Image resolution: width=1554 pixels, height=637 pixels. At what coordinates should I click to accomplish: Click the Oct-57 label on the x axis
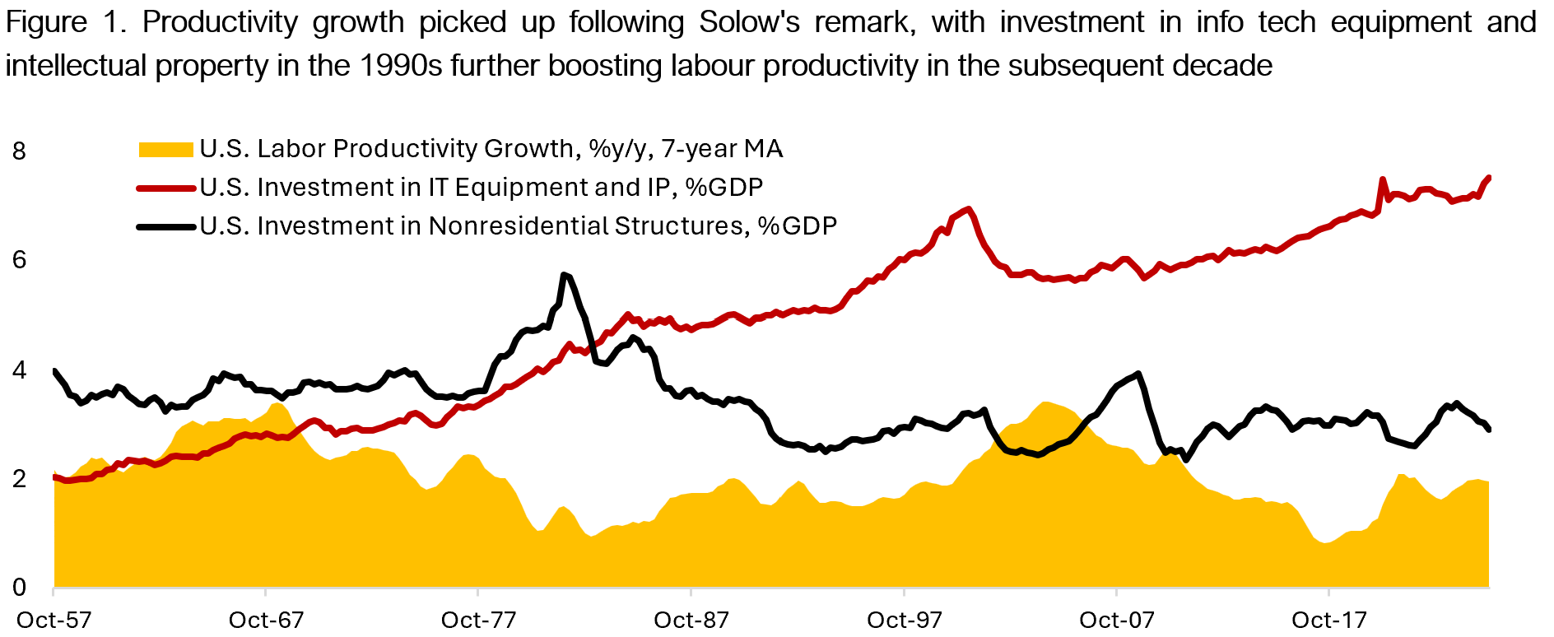tap(54, 620)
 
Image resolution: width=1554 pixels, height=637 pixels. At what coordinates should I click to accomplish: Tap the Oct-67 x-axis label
tap(266, 620)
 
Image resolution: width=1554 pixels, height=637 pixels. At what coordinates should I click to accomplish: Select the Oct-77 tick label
tap(478, 620)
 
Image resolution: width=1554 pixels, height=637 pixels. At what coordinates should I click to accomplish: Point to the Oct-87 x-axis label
tap(691, 620)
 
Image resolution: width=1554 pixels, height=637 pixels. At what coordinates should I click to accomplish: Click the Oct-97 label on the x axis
tap(904, 620)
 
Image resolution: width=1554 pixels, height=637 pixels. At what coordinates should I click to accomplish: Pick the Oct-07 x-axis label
tap(1116, 620)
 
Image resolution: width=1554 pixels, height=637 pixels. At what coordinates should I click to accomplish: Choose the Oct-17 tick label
tap(1328, 620)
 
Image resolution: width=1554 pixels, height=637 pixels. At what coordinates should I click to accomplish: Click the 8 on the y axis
tap(19, 151)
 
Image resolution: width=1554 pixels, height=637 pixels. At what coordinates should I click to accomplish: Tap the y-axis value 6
tap(19, 260)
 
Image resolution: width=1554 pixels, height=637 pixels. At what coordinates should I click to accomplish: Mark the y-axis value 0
tap(19, 588)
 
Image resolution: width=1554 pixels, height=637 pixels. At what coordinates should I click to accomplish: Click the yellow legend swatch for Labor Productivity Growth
tap(165, 149)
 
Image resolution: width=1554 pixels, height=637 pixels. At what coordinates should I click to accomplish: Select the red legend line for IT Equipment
tap(165, 188)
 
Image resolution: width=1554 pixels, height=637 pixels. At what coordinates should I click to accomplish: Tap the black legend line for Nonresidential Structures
tap(165, 226)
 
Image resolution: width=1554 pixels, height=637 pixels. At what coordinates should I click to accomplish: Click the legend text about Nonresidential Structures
tap(518, 226)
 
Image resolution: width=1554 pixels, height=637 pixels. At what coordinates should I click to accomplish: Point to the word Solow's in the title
tap(749, 22)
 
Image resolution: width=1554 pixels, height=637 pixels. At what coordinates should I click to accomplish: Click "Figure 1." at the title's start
tap(66, 22)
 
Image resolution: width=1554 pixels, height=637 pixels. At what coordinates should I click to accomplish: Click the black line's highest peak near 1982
tap(564, 275)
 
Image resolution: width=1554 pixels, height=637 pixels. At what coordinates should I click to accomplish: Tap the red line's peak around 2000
tap(969, 209)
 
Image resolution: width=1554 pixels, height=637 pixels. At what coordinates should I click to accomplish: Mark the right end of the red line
tap(1489, 178)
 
